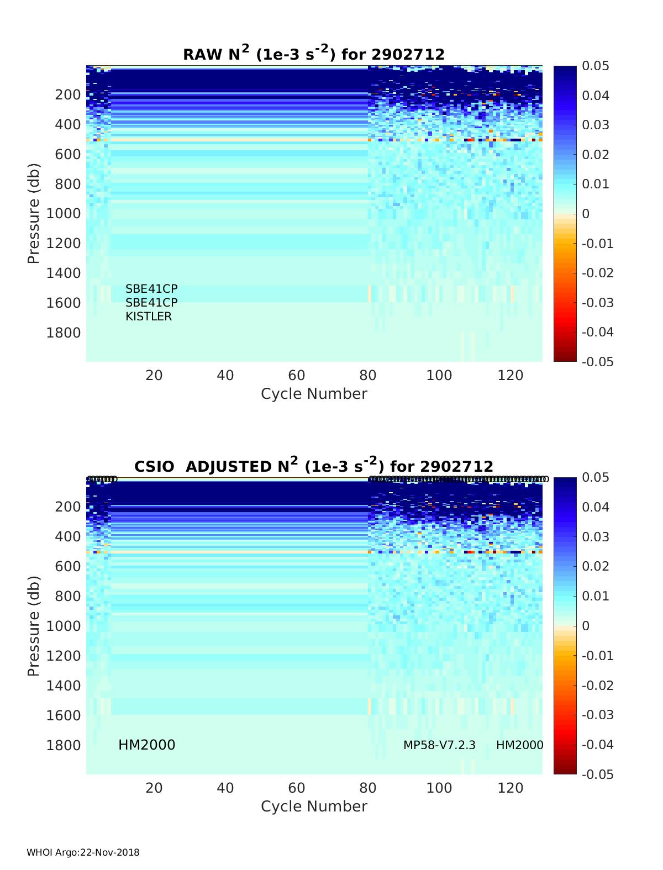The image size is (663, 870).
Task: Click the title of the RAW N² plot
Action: (314, 54)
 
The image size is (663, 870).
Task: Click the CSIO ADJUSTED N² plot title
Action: (314, 466)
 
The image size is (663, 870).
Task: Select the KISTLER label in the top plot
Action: (149, 317)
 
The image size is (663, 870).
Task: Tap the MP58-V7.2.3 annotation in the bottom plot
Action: (439, 745)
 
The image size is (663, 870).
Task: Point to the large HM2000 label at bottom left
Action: (147, 745)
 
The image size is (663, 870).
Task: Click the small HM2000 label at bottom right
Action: (519, 745)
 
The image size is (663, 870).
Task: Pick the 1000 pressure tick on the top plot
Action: (63, 213)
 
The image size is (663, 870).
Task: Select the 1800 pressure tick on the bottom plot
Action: (63, 745)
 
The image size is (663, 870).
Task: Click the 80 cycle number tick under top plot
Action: (368, 376)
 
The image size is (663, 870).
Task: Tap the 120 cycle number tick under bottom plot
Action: (511, 788)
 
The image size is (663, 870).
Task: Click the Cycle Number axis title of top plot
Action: (314, 394)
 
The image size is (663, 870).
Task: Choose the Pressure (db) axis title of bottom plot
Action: (34, 626)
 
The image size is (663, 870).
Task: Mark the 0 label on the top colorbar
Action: (586, 214)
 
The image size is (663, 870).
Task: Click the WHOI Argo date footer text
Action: (83, 852)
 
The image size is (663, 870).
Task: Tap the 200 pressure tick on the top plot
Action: (68, 94)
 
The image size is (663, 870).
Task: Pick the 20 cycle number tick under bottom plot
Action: (154, 788)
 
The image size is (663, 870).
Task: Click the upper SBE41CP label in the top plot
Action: (151, 289)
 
